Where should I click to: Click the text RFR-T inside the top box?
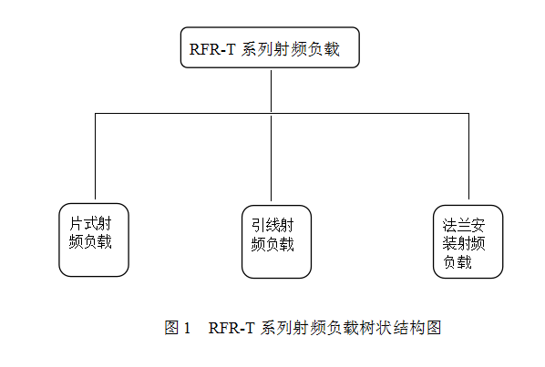coord(212,49)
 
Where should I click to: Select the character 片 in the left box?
coord(77,224)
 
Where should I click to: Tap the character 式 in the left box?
coord(90,224)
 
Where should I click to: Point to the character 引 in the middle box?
coord(259,225)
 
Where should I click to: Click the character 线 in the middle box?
coord(272,225)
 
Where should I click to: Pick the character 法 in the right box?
coord(449,225)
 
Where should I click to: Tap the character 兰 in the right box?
coord(464,225)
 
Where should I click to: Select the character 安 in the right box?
coord(478,225)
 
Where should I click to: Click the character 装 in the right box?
coord(449,243)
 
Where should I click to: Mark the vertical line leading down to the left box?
coord(95,156)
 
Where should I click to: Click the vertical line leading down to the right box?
coord(468,156)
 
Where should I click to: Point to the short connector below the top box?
coord(271,91)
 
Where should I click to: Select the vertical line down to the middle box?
coord(271,158)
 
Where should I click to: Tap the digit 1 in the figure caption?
coord(187,328)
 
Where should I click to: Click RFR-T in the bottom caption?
coord(231,328)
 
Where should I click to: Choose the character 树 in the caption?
coord(367,328)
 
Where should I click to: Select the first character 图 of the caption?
coord(171,328)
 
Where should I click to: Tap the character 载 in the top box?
coord(332,49)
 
